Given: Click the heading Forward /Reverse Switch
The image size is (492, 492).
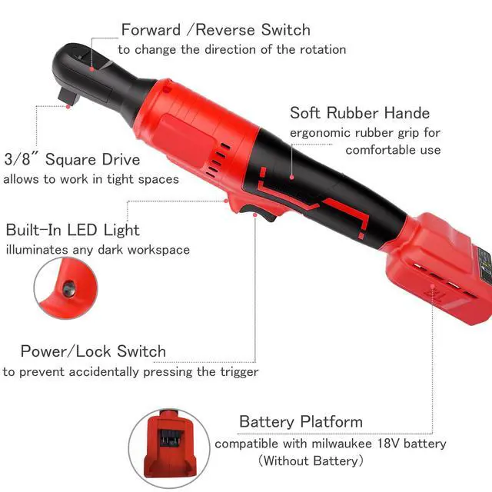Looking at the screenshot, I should click(215, 30).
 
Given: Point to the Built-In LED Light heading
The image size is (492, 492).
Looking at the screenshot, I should click(72, 230).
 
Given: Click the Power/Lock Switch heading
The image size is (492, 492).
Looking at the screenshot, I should click(93, 351).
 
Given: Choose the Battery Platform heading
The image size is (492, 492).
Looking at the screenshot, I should click(301, 421).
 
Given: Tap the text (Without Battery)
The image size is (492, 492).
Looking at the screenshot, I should click(311, 461).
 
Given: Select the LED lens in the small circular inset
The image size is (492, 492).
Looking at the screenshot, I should click(68, 288).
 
